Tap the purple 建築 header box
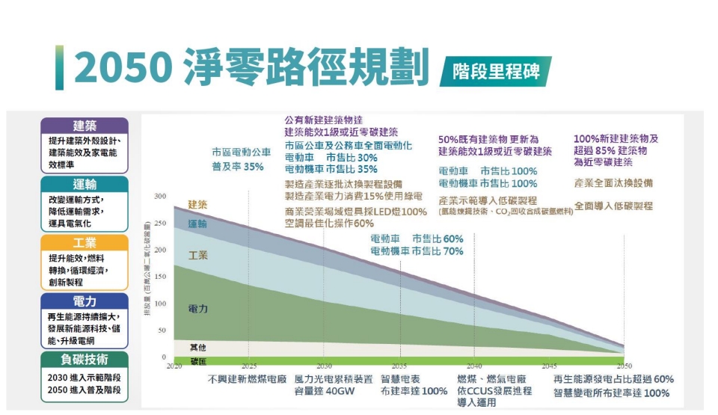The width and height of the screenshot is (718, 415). click(85, 126)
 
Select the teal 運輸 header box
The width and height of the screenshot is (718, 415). click(85, 184)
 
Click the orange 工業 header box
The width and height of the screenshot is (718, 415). click(85, 243)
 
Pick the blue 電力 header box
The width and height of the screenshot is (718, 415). click(85, 301)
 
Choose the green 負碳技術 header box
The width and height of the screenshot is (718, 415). click(85, 360)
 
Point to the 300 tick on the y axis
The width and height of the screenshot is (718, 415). click(160, 197)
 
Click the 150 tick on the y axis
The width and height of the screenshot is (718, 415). click(160, 277)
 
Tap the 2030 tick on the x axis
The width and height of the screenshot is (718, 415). click(324, 366)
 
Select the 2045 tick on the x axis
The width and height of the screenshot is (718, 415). click(549, 366)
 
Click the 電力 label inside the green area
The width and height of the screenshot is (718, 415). click(197, 309)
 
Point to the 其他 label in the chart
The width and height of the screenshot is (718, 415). click(197, 347)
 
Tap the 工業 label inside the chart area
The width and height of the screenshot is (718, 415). click(197, 256)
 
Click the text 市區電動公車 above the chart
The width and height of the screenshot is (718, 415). click(242, 153)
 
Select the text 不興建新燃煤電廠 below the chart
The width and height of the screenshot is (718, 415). click(248, 380)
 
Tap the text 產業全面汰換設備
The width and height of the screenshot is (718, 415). click(614, 183)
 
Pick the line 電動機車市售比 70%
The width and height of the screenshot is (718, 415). click(417, 252)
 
